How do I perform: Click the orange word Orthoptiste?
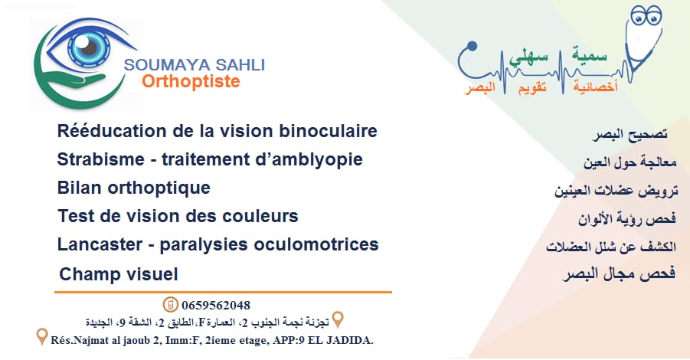(191, 82)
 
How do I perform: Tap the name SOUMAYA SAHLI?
(195, 65)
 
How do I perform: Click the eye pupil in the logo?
(89, 47)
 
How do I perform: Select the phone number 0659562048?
(216, 305)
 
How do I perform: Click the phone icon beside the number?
(170, 305)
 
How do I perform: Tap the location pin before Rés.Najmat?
(42, 337)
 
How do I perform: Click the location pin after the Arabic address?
(338, 320)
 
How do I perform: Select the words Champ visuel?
(119, 275)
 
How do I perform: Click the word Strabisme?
(101, 159)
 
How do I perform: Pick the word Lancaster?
(100, 244)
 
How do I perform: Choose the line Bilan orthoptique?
(134, 188)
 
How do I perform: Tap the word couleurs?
(260, 216)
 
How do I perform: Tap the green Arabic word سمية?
(590, 54)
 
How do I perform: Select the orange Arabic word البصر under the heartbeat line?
(480, 87)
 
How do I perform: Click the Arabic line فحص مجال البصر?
(619, 273)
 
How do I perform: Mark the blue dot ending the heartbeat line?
(473, 46)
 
